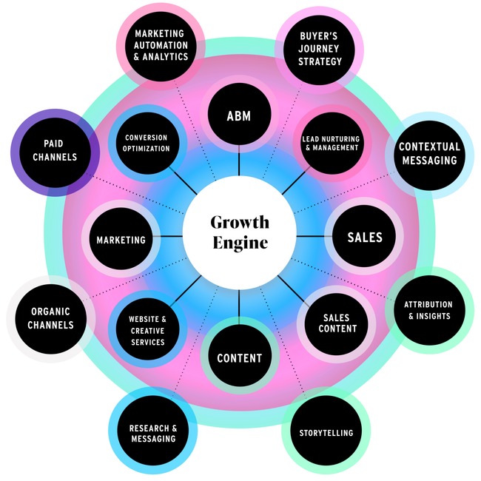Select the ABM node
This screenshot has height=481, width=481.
tap(239, 115)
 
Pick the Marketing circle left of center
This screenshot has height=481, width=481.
tap(121, 240)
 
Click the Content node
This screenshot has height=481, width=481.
tap(239, 358)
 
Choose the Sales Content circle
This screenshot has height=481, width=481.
tap(337, 323)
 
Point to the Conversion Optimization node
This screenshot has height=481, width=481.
tap(146, 143)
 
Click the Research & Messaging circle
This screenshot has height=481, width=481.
tap(152, 433)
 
